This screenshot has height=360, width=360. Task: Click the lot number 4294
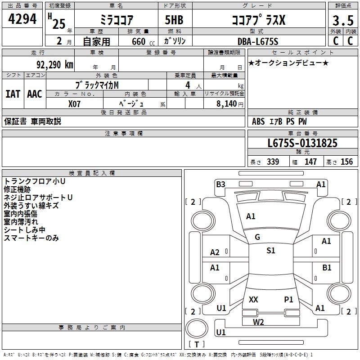22,19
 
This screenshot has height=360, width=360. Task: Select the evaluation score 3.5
342,21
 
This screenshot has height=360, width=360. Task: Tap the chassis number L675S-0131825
302,143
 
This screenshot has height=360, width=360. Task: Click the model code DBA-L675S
258,41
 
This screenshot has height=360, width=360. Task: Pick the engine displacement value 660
138,41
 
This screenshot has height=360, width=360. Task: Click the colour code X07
75,103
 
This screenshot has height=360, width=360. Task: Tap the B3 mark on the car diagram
220,184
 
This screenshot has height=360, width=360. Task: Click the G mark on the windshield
257,237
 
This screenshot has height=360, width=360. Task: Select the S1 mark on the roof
270,251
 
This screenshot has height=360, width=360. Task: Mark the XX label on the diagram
253,299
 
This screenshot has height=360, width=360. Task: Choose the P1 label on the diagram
288,299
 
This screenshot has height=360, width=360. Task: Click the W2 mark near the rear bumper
258,322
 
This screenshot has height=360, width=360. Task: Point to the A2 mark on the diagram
215,252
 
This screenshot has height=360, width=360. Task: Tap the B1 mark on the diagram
327,267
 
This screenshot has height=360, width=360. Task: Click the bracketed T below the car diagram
196,344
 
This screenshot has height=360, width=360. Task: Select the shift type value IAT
13,94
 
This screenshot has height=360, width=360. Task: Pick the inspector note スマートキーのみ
31,238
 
